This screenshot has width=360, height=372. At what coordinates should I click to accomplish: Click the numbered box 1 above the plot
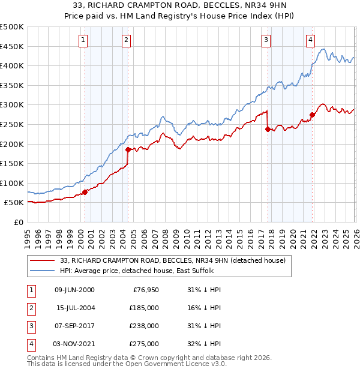82,40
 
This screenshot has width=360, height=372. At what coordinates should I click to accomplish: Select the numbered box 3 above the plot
266,40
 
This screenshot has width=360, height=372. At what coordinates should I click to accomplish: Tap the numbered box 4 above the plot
310,40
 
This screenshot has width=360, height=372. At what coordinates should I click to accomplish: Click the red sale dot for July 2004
128,150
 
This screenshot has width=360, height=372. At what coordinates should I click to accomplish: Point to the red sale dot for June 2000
85,192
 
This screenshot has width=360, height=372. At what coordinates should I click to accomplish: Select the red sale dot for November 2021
312,115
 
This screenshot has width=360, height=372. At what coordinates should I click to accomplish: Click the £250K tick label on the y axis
13,124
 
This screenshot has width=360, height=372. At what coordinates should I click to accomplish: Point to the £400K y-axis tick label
13,66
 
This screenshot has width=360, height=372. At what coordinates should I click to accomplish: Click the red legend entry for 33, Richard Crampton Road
176,260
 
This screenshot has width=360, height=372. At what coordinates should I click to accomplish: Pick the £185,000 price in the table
145,308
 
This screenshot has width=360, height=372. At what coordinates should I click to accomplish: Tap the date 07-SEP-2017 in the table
74,326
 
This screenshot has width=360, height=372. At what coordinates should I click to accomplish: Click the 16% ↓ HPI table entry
205,308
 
